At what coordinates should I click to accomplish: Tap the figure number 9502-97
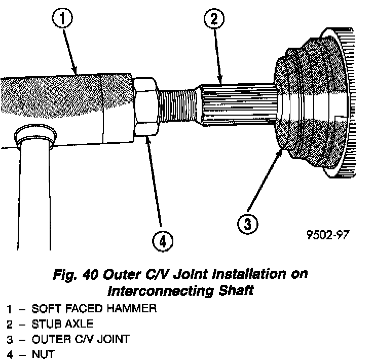(x=328, y=236)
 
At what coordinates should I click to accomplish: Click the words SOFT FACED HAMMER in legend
(x=94, y=308)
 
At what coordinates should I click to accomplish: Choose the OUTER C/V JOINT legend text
(x=80, y=339)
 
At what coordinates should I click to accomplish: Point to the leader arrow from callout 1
(x=71, y=51)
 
